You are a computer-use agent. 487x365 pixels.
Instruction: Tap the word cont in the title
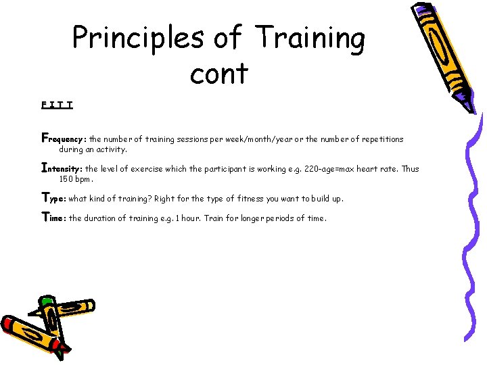point(219,73)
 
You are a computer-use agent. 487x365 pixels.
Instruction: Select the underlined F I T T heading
point(57,105)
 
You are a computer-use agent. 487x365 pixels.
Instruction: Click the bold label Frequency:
point(64,139)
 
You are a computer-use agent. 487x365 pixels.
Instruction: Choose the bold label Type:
point(54,199)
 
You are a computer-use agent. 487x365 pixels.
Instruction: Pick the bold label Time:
point(54,218)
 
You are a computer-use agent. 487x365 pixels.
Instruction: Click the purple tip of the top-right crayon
point(465,103)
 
